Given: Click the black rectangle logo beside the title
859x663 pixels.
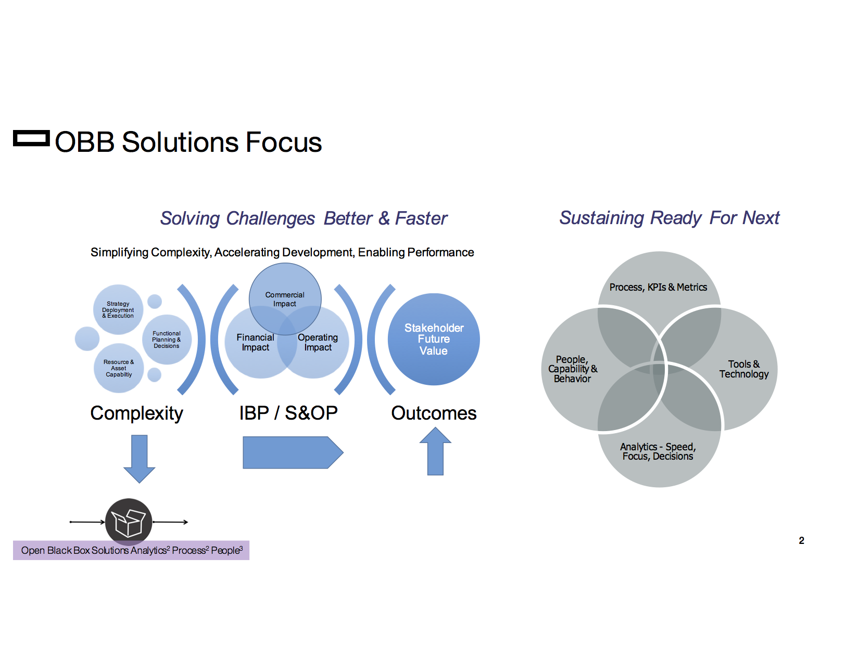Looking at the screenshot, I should point(31,138).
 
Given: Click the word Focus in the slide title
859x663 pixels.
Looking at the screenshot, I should point(283,142).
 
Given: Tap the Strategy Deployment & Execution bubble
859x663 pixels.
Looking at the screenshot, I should point(118,309).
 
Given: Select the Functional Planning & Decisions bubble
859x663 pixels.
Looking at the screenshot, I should point(167,340).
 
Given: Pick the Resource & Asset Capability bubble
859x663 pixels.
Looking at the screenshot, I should point(119,368).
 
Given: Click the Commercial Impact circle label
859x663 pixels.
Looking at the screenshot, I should point(285,299).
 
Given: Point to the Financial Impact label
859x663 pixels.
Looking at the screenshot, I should point(255,342).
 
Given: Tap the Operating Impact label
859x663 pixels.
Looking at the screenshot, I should point(318,342).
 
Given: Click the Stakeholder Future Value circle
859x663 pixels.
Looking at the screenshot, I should point(434,339).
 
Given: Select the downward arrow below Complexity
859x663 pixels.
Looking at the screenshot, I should point(139,458).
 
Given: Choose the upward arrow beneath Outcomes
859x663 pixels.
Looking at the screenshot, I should point(435,451).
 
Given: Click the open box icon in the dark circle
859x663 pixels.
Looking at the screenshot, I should point(129,522).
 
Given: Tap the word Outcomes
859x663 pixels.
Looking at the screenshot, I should point(434,413).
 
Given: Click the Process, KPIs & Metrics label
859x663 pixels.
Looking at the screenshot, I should point(658,287).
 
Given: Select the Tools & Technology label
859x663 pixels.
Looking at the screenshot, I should point(743,369).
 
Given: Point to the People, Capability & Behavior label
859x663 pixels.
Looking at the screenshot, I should point(572,369).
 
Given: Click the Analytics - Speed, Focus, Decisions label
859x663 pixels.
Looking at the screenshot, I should point(658,451).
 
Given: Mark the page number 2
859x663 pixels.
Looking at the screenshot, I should point(801,540).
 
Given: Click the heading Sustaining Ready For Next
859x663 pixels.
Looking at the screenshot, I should point(669,217).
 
